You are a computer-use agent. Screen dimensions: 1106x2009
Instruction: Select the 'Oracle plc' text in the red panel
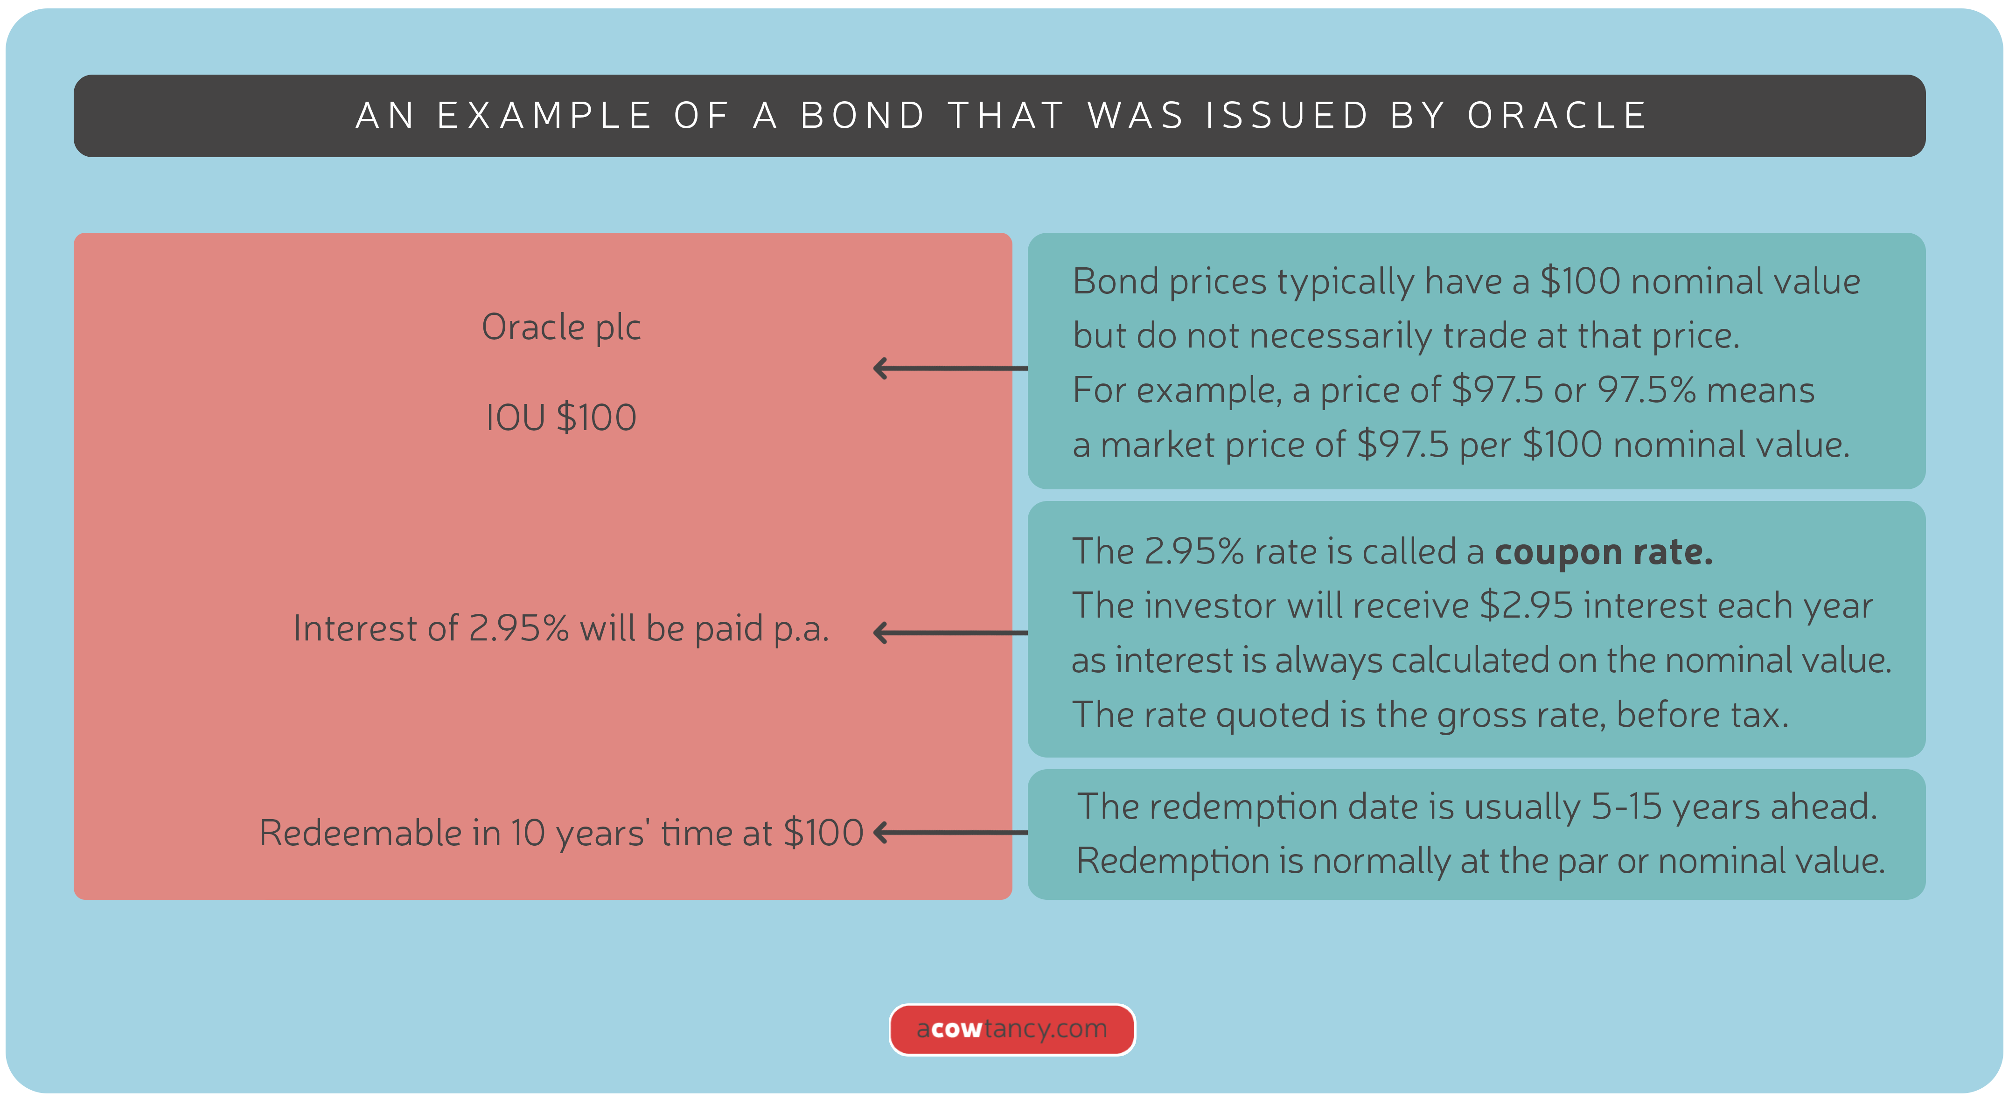point(561,327)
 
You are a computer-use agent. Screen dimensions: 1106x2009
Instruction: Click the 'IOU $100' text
point(561,417)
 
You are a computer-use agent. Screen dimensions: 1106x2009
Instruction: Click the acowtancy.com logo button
point(1011,1029)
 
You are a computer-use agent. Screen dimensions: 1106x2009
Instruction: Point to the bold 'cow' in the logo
point(956,1029)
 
